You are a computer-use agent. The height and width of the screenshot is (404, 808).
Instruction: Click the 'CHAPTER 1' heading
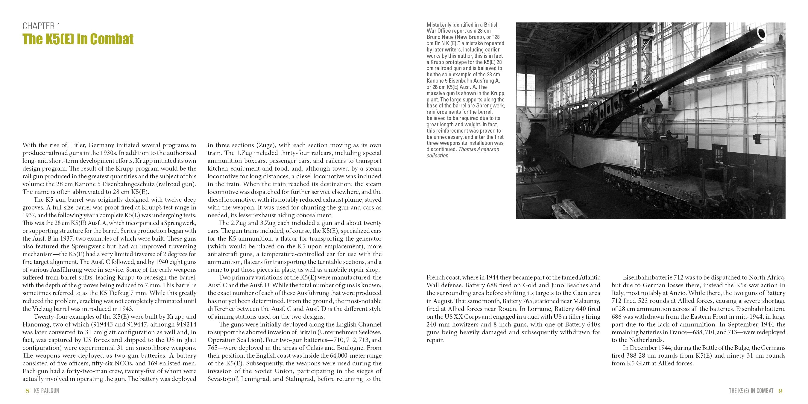[x=41, y=26]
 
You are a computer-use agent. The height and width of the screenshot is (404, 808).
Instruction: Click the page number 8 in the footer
[x=28, y=391]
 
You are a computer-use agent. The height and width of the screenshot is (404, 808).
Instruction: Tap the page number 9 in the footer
[x=781, y=391]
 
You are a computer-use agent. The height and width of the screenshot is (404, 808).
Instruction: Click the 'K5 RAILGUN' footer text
[x=46, y=391]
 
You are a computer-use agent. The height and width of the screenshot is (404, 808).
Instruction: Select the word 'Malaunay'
[x=587, y=301]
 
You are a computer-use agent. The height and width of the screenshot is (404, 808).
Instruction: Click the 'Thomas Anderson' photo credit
[x=479, y=149]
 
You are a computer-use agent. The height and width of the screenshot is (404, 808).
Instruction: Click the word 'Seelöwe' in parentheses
[x=371, y=332]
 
